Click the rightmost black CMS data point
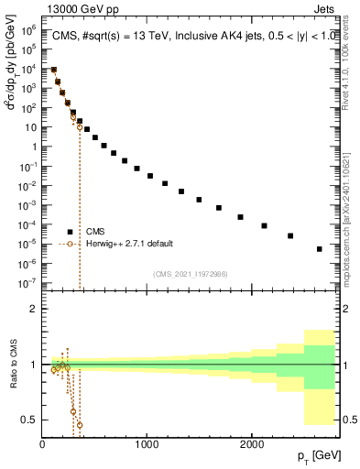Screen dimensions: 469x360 coord(319,249)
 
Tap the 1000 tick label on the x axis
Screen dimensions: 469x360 coord(147,443)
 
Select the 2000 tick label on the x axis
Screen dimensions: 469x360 coord(252,443)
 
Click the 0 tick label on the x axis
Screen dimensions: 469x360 coord(42,443)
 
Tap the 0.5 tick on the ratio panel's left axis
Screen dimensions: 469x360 coord(31,420)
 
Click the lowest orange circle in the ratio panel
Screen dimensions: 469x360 coord(80,425)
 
